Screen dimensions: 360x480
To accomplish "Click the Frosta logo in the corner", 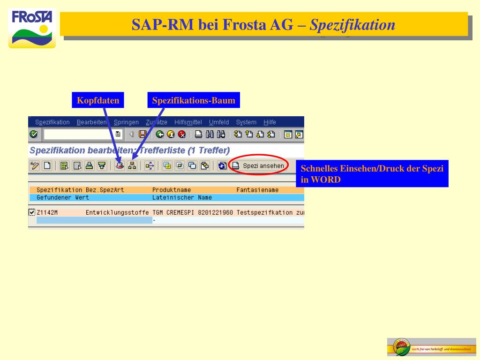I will coord(32,28).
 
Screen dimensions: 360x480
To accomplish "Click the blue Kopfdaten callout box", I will coord(98,101).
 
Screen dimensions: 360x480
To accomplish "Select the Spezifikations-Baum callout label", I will coord(194,101).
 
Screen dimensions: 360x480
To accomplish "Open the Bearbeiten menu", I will coord(91,122).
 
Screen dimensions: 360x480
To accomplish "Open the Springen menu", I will coord(126,122).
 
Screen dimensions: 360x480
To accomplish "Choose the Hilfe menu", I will coord(270,122).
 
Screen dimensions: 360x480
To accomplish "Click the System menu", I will coord(246,122).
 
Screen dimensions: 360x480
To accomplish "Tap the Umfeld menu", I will coord(219,122).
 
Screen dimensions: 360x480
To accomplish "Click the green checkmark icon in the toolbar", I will coord(33,135).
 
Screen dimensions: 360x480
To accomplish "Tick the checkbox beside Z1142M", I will coord(32,212).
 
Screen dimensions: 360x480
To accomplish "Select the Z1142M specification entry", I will coord(47,213).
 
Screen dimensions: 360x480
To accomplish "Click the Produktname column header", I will coord(172,190).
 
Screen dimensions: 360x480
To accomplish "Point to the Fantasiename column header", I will coord(257,190).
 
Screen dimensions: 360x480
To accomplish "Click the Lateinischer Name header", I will coord(175,198).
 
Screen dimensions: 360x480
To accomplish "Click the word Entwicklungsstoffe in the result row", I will coord(117,213).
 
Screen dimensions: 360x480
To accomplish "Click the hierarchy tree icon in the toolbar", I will coord(133,165).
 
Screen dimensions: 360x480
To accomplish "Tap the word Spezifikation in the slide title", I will coord(352,24).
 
